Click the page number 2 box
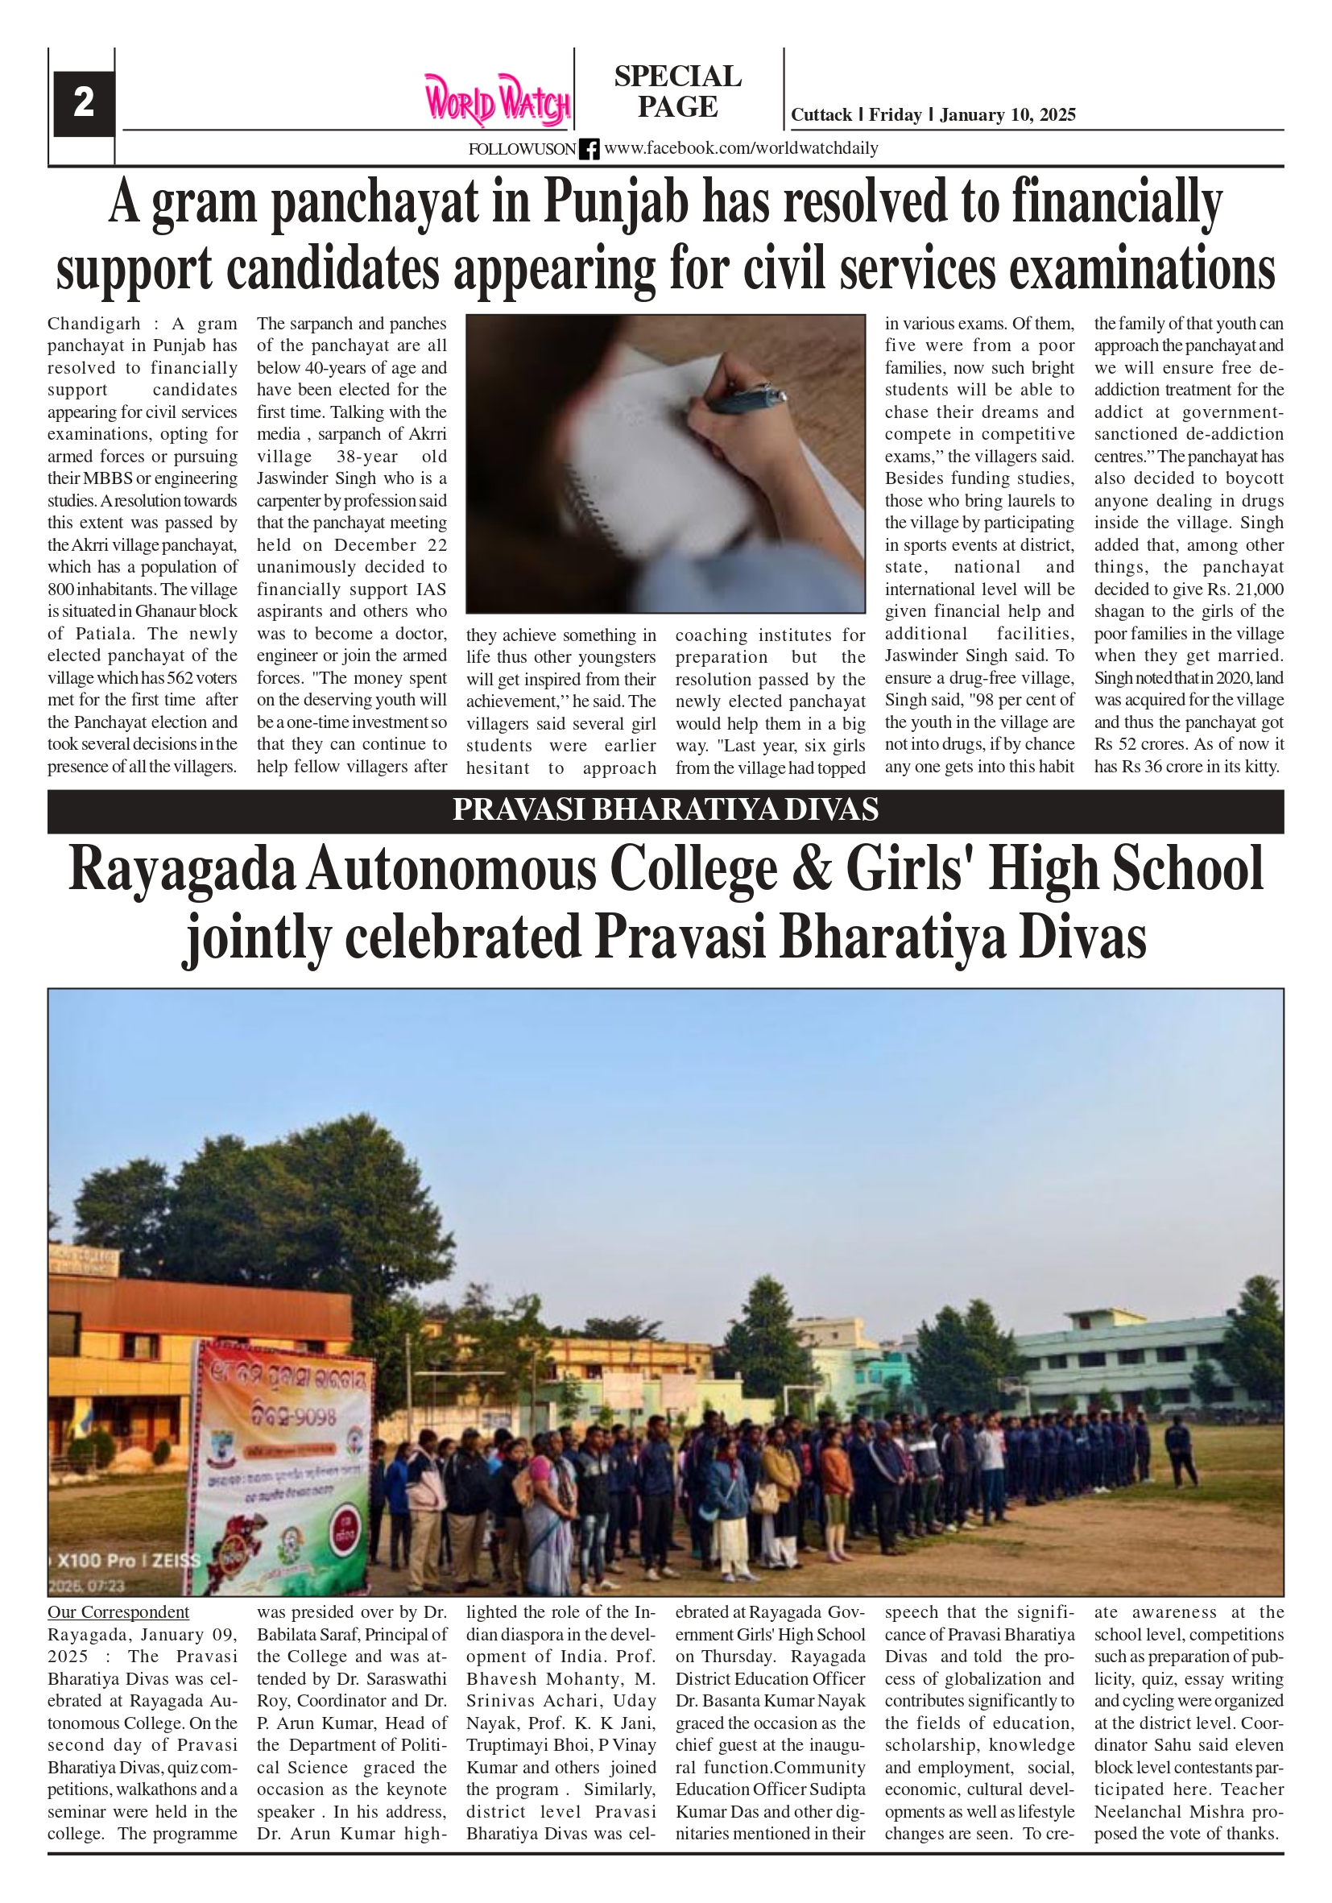pyautogui.click(x=83, y=104)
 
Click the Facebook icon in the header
pyautogui.click(x=589, y=149)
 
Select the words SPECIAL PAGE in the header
pyautogui.click(x=677, y=91)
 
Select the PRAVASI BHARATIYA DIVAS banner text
pyautogui.click(x=664, y=810)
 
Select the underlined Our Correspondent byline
pyautogui.click(x=118, y=1612)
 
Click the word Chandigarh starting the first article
pyautogui.click(x=93, y=324)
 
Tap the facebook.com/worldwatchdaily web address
pyautogui.click(x=740, y=149)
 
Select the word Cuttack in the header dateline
pyautogui.click(x=821, y=115)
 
